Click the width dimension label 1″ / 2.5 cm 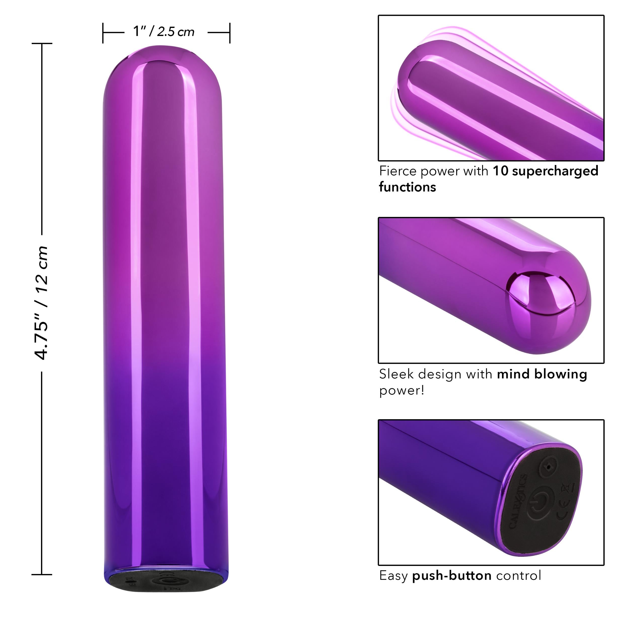point(164,31)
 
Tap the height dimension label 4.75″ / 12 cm point(42,302)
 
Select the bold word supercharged point(555,171)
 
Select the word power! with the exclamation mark point(402,391)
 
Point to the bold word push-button point(452,575)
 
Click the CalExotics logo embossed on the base point(518,501)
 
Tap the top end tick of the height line point(42,43)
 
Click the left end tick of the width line point(103,32)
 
